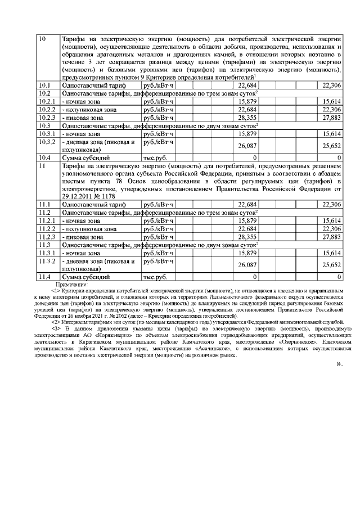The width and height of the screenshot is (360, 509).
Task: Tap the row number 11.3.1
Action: pos(47,253)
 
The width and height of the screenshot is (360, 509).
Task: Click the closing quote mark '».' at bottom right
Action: pos(339,364)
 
